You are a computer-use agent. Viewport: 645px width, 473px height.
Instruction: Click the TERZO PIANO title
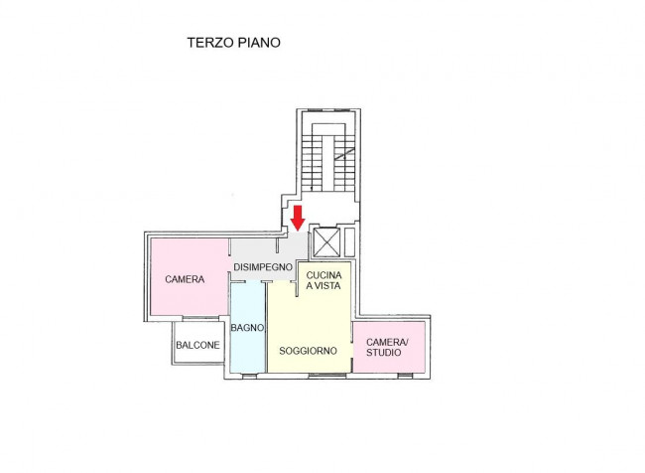tap(234, 43)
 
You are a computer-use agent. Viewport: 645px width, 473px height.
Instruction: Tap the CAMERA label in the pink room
tap(185, 279)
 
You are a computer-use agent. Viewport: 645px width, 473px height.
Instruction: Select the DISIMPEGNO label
tap(262, 267)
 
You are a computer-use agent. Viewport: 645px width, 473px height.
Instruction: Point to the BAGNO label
tap(246, 327)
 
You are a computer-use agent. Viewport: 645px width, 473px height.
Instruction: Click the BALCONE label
tap(198, 346)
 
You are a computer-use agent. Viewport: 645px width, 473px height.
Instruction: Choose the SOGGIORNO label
tap(308, 351)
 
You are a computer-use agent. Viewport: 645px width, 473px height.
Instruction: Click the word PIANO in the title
tap(258, 43)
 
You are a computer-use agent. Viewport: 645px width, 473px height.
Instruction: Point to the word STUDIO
tap(384, 353)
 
